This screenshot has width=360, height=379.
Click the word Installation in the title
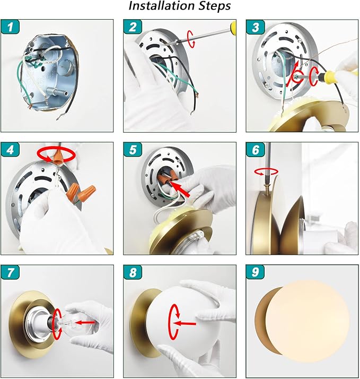[162, 6]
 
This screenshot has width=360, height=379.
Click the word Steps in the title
[215, 6]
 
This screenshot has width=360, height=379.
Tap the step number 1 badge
[11, 27]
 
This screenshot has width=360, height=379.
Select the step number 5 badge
[133, 149]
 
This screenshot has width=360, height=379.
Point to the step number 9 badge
[255, 272]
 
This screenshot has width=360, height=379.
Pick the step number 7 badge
[11, 272]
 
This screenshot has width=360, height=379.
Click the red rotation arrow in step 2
[191, 39]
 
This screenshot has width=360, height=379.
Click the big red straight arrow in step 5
[180, 189]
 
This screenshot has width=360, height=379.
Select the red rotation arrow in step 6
[266, 172]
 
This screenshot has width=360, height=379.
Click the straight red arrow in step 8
[185, 323]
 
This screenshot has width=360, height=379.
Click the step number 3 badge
[255, 27]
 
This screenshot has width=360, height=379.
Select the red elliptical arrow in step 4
[56, 154]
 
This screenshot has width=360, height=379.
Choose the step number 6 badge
[255, 149]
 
